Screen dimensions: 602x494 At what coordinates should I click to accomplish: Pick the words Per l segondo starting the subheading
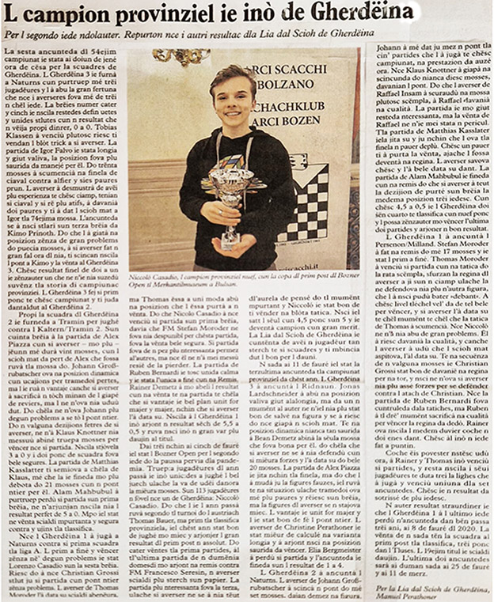[x=29, y=36]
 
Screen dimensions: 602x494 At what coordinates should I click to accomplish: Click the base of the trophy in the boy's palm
[x=234, y=237]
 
